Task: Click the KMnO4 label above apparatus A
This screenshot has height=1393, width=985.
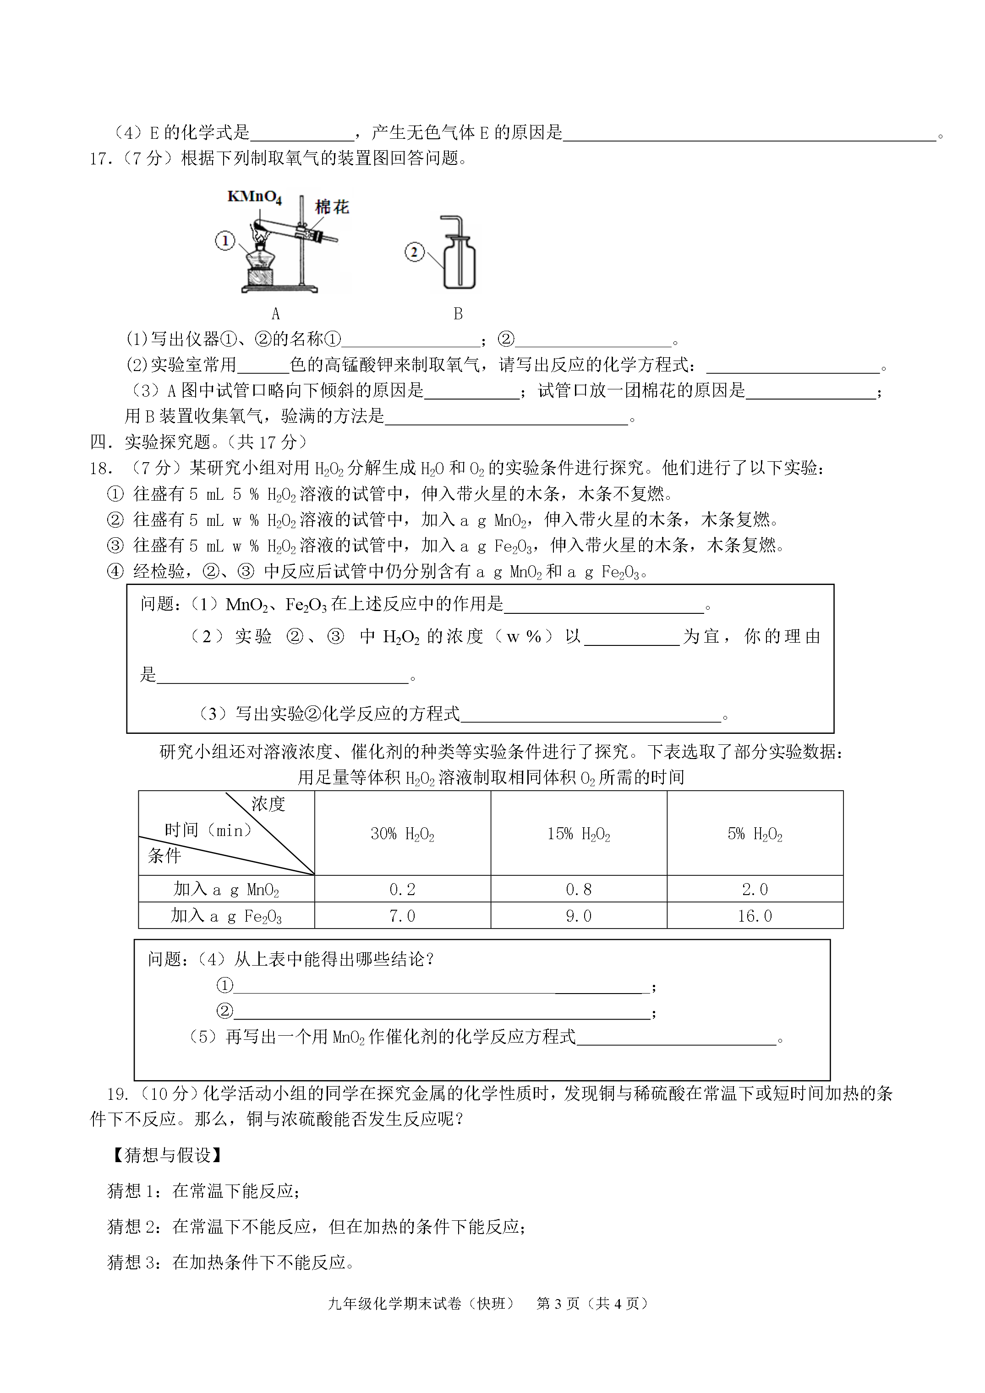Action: click(254, 197)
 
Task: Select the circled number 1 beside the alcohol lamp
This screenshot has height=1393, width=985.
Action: click(224, 241)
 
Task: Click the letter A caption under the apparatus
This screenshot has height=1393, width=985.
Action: click(275, 314)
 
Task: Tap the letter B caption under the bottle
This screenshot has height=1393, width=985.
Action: click(458, 314)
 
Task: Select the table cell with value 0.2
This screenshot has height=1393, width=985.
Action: click(402, 890)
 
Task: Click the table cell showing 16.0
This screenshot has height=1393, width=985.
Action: click(755, 916)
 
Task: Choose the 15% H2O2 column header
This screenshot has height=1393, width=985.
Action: click(578, 834)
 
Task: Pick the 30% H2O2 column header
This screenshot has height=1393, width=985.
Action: click(402, 834)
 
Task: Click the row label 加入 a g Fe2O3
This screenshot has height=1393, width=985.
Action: click(226, 916)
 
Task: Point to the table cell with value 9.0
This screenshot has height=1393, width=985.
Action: click(578, 916)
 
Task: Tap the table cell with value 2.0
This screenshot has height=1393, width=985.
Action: click(755, 890)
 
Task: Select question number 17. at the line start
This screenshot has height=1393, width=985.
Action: click(101, 159)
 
